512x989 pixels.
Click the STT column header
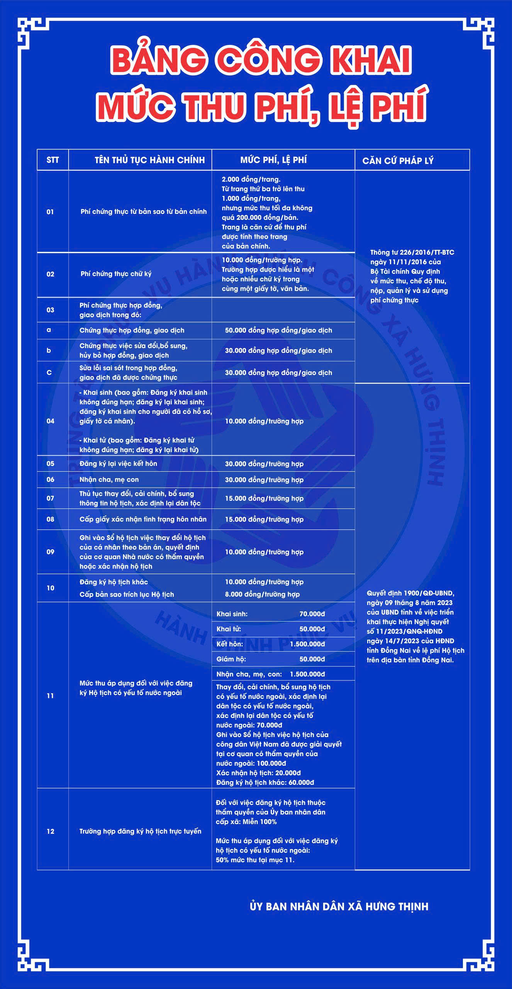tap(53, 160)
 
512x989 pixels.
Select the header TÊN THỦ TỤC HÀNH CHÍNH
tap(150, 160)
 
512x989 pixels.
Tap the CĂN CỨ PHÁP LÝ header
tap(398, 161)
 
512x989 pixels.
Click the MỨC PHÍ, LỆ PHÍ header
tap(273, 160)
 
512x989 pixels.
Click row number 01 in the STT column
tap(50, 212)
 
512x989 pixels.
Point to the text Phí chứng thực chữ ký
tap(116, 274)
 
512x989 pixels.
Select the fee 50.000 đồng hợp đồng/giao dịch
tap(278, 330)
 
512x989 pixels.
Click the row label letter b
tap(49, 350)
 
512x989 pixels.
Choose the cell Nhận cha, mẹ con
tap(109, 479)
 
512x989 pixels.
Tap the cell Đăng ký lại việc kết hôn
tap(118, 464)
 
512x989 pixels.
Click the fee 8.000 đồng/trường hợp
tap(262, 594)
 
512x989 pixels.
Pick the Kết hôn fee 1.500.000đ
tap(307, 644)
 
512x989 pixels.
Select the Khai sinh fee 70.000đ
tap(312, 614)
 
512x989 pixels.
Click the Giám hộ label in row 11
tap(231, 659)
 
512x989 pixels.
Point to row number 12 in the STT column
tap(50, 831)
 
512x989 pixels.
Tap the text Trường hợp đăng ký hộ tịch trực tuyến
tap(140, 831)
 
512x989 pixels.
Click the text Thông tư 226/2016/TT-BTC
tap(412, 252)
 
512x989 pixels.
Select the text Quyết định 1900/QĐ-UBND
tap(410, 593)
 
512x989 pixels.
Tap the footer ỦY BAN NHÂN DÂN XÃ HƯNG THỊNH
tap(339, 907)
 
